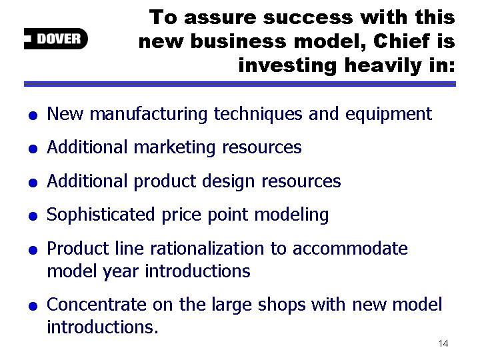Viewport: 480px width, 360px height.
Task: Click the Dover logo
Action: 56,39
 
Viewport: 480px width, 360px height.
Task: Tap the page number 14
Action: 443,343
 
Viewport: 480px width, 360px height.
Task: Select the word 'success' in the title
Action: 308,17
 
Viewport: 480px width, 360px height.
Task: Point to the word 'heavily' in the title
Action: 383,66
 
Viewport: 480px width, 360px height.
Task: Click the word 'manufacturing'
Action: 149,114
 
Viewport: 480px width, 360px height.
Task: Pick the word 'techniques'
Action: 258,114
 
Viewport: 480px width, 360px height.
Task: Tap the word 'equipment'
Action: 389,115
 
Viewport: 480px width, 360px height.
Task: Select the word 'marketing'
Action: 175,147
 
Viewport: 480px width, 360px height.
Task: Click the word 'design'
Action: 228,181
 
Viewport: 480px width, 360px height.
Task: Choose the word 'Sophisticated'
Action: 101,215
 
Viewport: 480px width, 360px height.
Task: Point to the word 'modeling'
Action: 291,215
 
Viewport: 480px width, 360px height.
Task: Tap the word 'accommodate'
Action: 350,249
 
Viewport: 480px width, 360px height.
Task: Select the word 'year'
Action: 120,271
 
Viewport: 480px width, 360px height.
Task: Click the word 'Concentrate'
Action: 97,305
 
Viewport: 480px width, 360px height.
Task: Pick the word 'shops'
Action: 281,305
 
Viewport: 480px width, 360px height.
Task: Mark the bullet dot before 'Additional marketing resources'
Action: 33,149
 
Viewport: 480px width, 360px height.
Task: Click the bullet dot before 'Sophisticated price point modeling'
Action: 33,216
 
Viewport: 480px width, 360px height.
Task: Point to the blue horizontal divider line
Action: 240,84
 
